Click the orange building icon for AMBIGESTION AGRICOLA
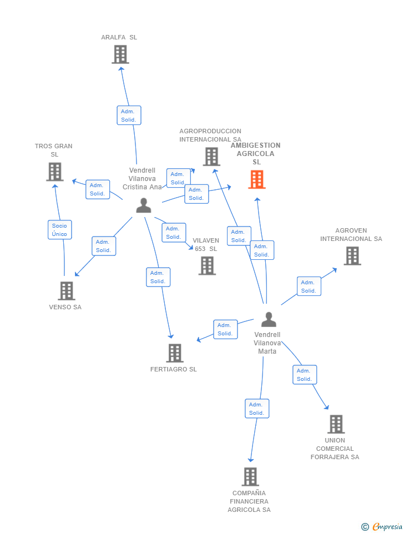256,179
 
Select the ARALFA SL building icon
120,54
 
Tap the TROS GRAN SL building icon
54,172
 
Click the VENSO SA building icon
66,291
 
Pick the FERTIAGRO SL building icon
174,353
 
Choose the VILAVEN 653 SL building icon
207,265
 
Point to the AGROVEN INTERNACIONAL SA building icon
352,256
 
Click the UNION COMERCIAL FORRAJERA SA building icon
336,424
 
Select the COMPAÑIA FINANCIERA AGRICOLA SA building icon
250,477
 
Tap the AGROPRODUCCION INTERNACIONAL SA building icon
211,157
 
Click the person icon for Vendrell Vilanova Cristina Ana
144,205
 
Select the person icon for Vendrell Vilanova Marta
269,319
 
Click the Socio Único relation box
59,230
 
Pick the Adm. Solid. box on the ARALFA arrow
129,115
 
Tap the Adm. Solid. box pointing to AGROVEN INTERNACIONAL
309,286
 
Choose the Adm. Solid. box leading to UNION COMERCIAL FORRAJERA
304,375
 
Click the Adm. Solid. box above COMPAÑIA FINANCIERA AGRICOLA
256,409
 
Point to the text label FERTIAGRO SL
174,369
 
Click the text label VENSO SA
65,307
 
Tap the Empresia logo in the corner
382,526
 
